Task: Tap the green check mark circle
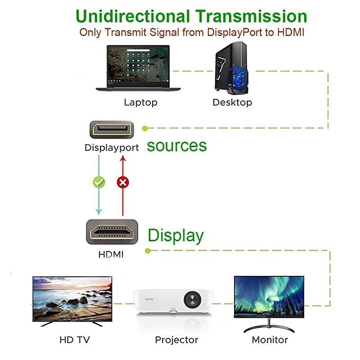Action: [x=99, y=182]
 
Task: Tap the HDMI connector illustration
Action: [x=112, y=232]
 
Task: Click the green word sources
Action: [x=177, y=145]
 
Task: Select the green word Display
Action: [x=175, y=235]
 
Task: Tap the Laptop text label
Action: [x=141, y=102]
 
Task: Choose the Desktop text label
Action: [x=232, y=102]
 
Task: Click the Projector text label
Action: [x=176, y=339]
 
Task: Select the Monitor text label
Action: [x=270, y=339]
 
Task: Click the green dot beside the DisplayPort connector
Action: [x=145, y=128]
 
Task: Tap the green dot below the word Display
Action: [x=148, y=251]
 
